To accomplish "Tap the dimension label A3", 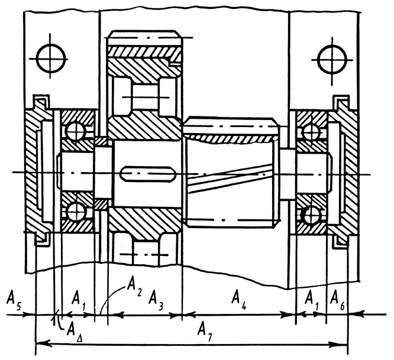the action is coord(157,297).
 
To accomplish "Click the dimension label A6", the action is coord(337,297).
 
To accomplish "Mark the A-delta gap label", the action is coord(74,327).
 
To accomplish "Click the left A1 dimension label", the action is coord(79,297).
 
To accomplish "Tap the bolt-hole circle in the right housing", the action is coord(329,59).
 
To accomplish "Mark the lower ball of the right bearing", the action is coord(309,214).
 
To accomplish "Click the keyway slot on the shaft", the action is coord(148,176).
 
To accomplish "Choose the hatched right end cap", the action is coord(347,171).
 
